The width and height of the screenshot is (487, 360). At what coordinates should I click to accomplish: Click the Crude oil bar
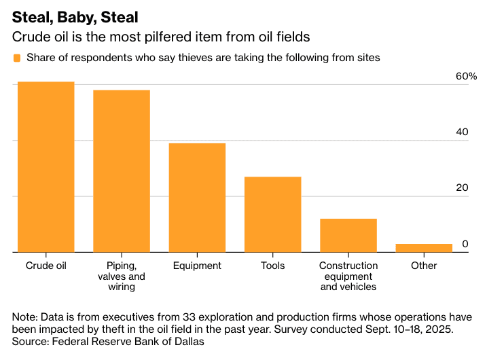(46, 167)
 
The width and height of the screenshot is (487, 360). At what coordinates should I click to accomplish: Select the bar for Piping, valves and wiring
(122, 171)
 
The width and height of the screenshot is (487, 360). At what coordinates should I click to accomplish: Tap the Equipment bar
(197, 198)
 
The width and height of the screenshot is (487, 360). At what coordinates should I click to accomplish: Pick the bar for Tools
(272, 215)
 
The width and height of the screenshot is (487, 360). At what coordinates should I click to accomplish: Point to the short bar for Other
(424, 248)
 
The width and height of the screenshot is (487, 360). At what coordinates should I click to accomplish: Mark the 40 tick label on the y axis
(462, 132)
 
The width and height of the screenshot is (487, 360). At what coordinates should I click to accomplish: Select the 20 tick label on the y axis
(462, 187)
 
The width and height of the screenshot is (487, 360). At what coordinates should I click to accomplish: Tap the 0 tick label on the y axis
(465, 243)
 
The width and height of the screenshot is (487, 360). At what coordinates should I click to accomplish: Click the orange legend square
(17, 58)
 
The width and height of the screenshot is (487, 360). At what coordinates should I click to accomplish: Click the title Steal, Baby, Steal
(75, 15)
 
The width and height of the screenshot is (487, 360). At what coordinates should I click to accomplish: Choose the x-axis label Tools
(272, 266)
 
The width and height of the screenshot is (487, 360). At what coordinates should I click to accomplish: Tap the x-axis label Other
(424, 266)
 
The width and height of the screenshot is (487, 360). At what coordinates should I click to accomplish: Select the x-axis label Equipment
(197, 266)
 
